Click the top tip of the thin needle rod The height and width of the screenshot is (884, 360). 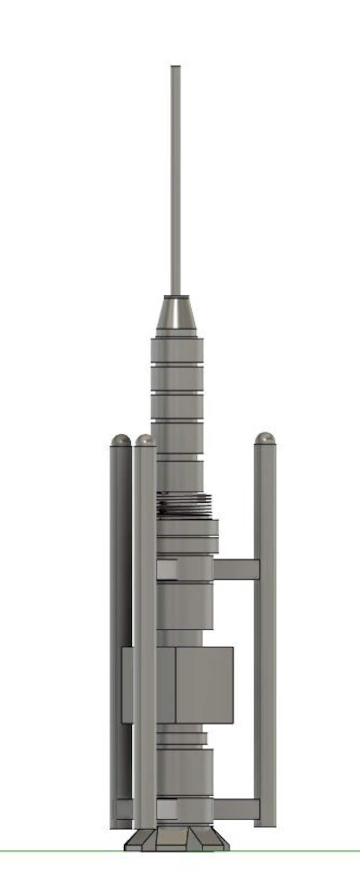coord(175,67)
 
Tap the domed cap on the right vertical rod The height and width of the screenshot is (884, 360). coord(265,438)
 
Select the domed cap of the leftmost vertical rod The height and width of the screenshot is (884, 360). coord(120,440)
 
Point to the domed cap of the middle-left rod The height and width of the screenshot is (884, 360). coord(146,440)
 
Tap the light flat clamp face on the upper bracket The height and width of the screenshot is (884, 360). coord(167,569)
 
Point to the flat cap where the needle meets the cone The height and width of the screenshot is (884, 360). coord(176,296)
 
